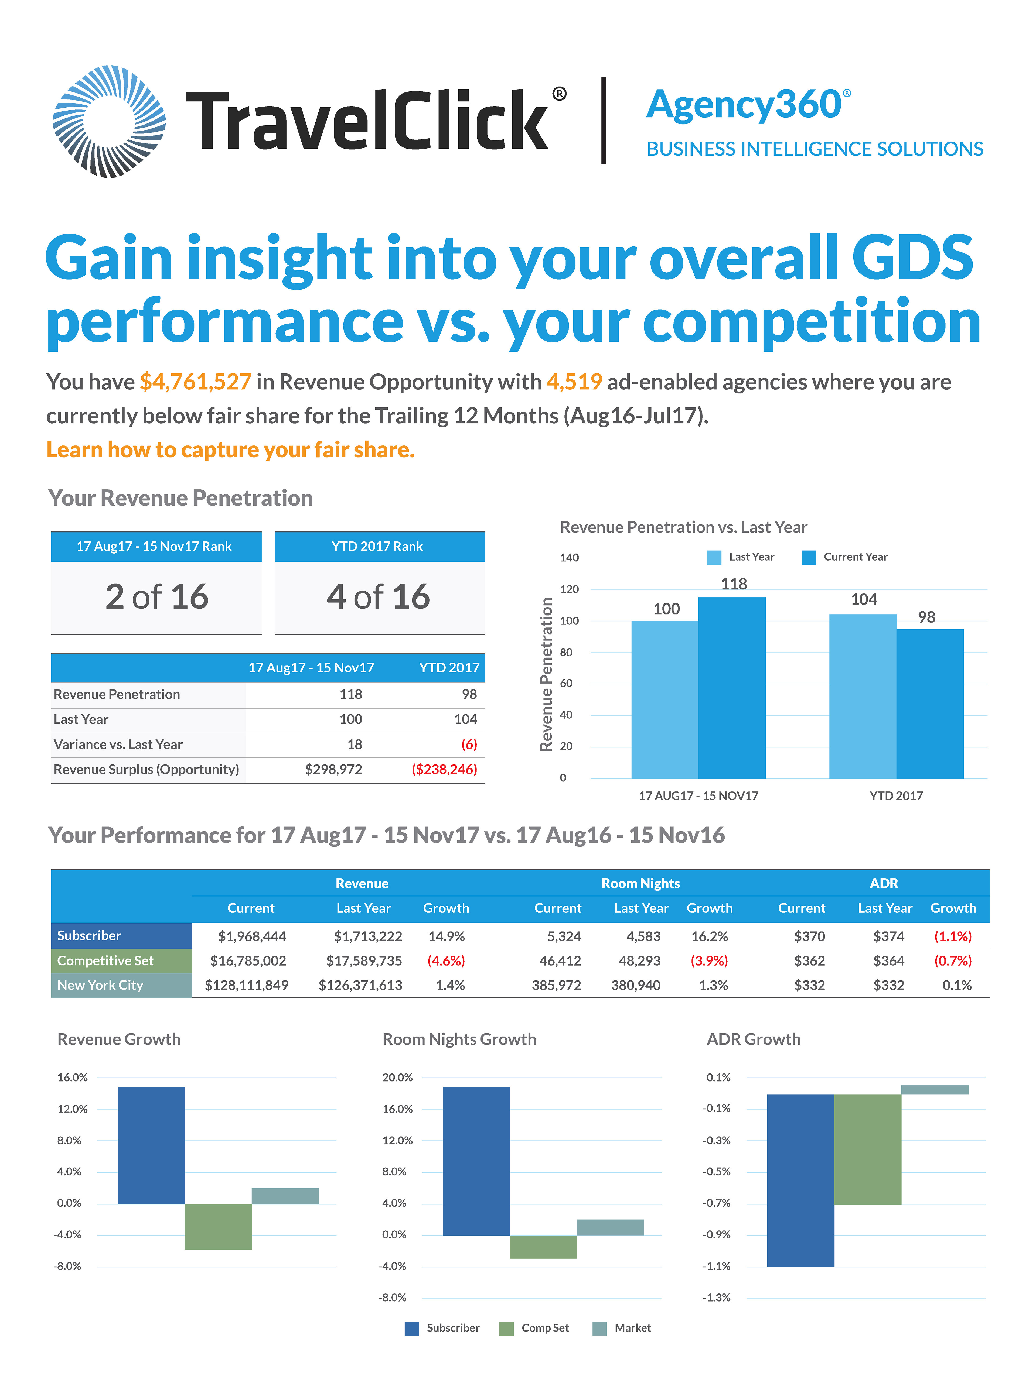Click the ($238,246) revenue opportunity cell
(x=444, y=770)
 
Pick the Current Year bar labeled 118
(x=732, y=687)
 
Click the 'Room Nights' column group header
(x=640, y=883)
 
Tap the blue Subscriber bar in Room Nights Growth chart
(x=477, y=1161)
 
